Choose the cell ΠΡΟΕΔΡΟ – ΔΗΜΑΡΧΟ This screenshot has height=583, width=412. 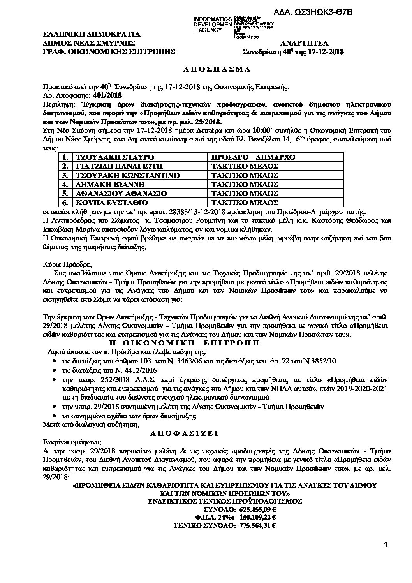(x=253, y=157)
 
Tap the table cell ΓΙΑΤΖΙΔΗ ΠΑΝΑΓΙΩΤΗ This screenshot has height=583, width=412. (x=116, y=166)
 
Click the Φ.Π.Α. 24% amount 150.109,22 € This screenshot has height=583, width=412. (x=257, y=517)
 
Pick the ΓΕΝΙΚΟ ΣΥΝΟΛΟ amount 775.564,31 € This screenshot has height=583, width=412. (x=257, y=525)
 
